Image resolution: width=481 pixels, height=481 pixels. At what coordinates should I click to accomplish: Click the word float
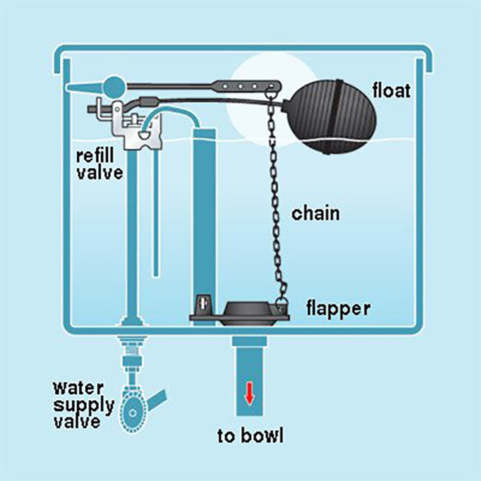(x=391, y=91)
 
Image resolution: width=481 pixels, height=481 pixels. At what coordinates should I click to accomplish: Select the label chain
(x=315, y=213)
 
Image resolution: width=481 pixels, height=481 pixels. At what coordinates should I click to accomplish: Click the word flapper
(x=338, y=309)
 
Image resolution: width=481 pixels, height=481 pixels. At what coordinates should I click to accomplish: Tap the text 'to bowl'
(x=251, y=436)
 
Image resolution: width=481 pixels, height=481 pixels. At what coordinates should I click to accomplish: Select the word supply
(x=84, y=406)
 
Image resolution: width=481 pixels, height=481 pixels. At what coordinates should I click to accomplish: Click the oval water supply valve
(x=133, y=413)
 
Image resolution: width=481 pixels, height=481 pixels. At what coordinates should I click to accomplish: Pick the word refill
(x=95, y=156)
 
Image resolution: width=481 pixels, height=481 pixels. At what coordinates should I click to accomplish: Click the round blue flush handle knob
(x=114, y=88)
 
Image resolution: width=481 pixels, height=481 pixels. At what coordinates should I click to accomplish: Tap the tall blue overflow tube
(x=204, y=223)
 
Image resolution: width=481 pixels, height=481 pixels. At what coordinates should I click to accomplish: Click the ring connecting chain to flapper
(x=281, y=303)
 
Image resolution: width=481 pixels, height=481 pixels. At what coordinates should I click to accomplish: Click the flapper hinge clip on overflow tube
(x=204, y=305)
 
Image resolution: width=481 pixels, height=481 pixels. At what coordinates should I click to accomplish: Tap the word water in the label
(x=78, y=388)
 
